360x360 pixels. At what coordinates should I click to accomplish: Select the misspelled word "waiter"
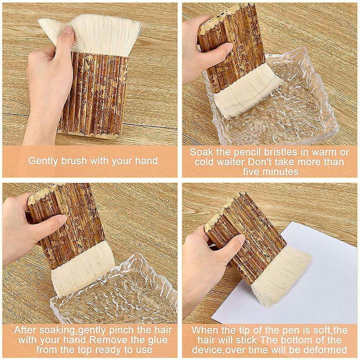[x=232, y=162]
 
